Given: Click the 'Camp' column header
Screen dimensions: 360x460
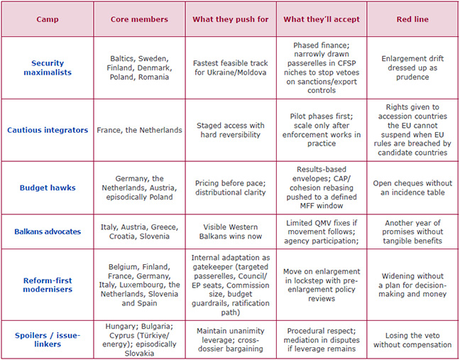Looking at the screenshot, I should (48, 19).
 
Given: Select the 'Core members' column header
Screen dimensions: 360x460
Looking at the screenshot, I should (139, 19).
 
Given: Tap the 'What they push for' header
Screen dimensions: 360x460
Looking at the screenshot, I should (230, 19).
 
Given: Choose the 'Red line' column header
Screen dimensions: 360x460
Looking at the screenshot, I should (412, 19).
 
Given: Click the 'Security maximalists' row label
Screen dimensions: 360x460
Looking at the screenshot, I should (48, 68).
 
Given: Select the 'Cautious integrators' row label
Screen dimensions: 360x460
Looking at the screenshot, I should (48, 130).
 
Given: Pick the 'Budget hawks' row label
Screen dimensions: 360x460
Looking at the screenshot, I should (48, 187).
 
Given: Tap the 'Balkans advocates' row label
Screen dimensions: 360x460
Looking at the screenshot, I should (48, 231).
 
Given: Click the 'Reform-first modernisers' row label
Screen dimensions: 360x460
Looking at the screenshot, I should (48, 284).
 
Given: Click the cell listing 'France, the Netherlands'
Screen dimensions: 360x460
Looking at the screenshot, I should (139, 130).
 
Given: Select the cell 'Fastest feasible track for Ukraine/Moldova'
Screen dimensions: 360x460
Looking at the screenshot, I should (230, 68).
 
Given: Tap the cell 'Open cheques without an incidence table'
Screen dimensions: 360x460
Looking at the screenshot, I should (412, 187).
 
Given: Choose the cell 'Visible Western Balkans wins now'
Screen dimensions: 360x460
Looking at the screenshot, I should (230, 231).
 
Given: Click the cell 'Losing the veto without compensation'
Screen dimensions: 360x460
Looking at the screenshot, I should (412, 339).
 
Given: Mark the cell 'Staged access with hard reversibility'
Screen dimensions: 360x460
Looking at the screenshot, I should (230, 130).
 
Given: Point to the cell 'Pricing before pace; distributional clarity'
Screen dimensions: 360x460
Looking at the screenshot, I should (230, 187).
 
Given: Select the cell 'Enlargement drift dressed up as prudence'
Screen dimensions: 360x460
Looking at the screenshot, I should (412, 68).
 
